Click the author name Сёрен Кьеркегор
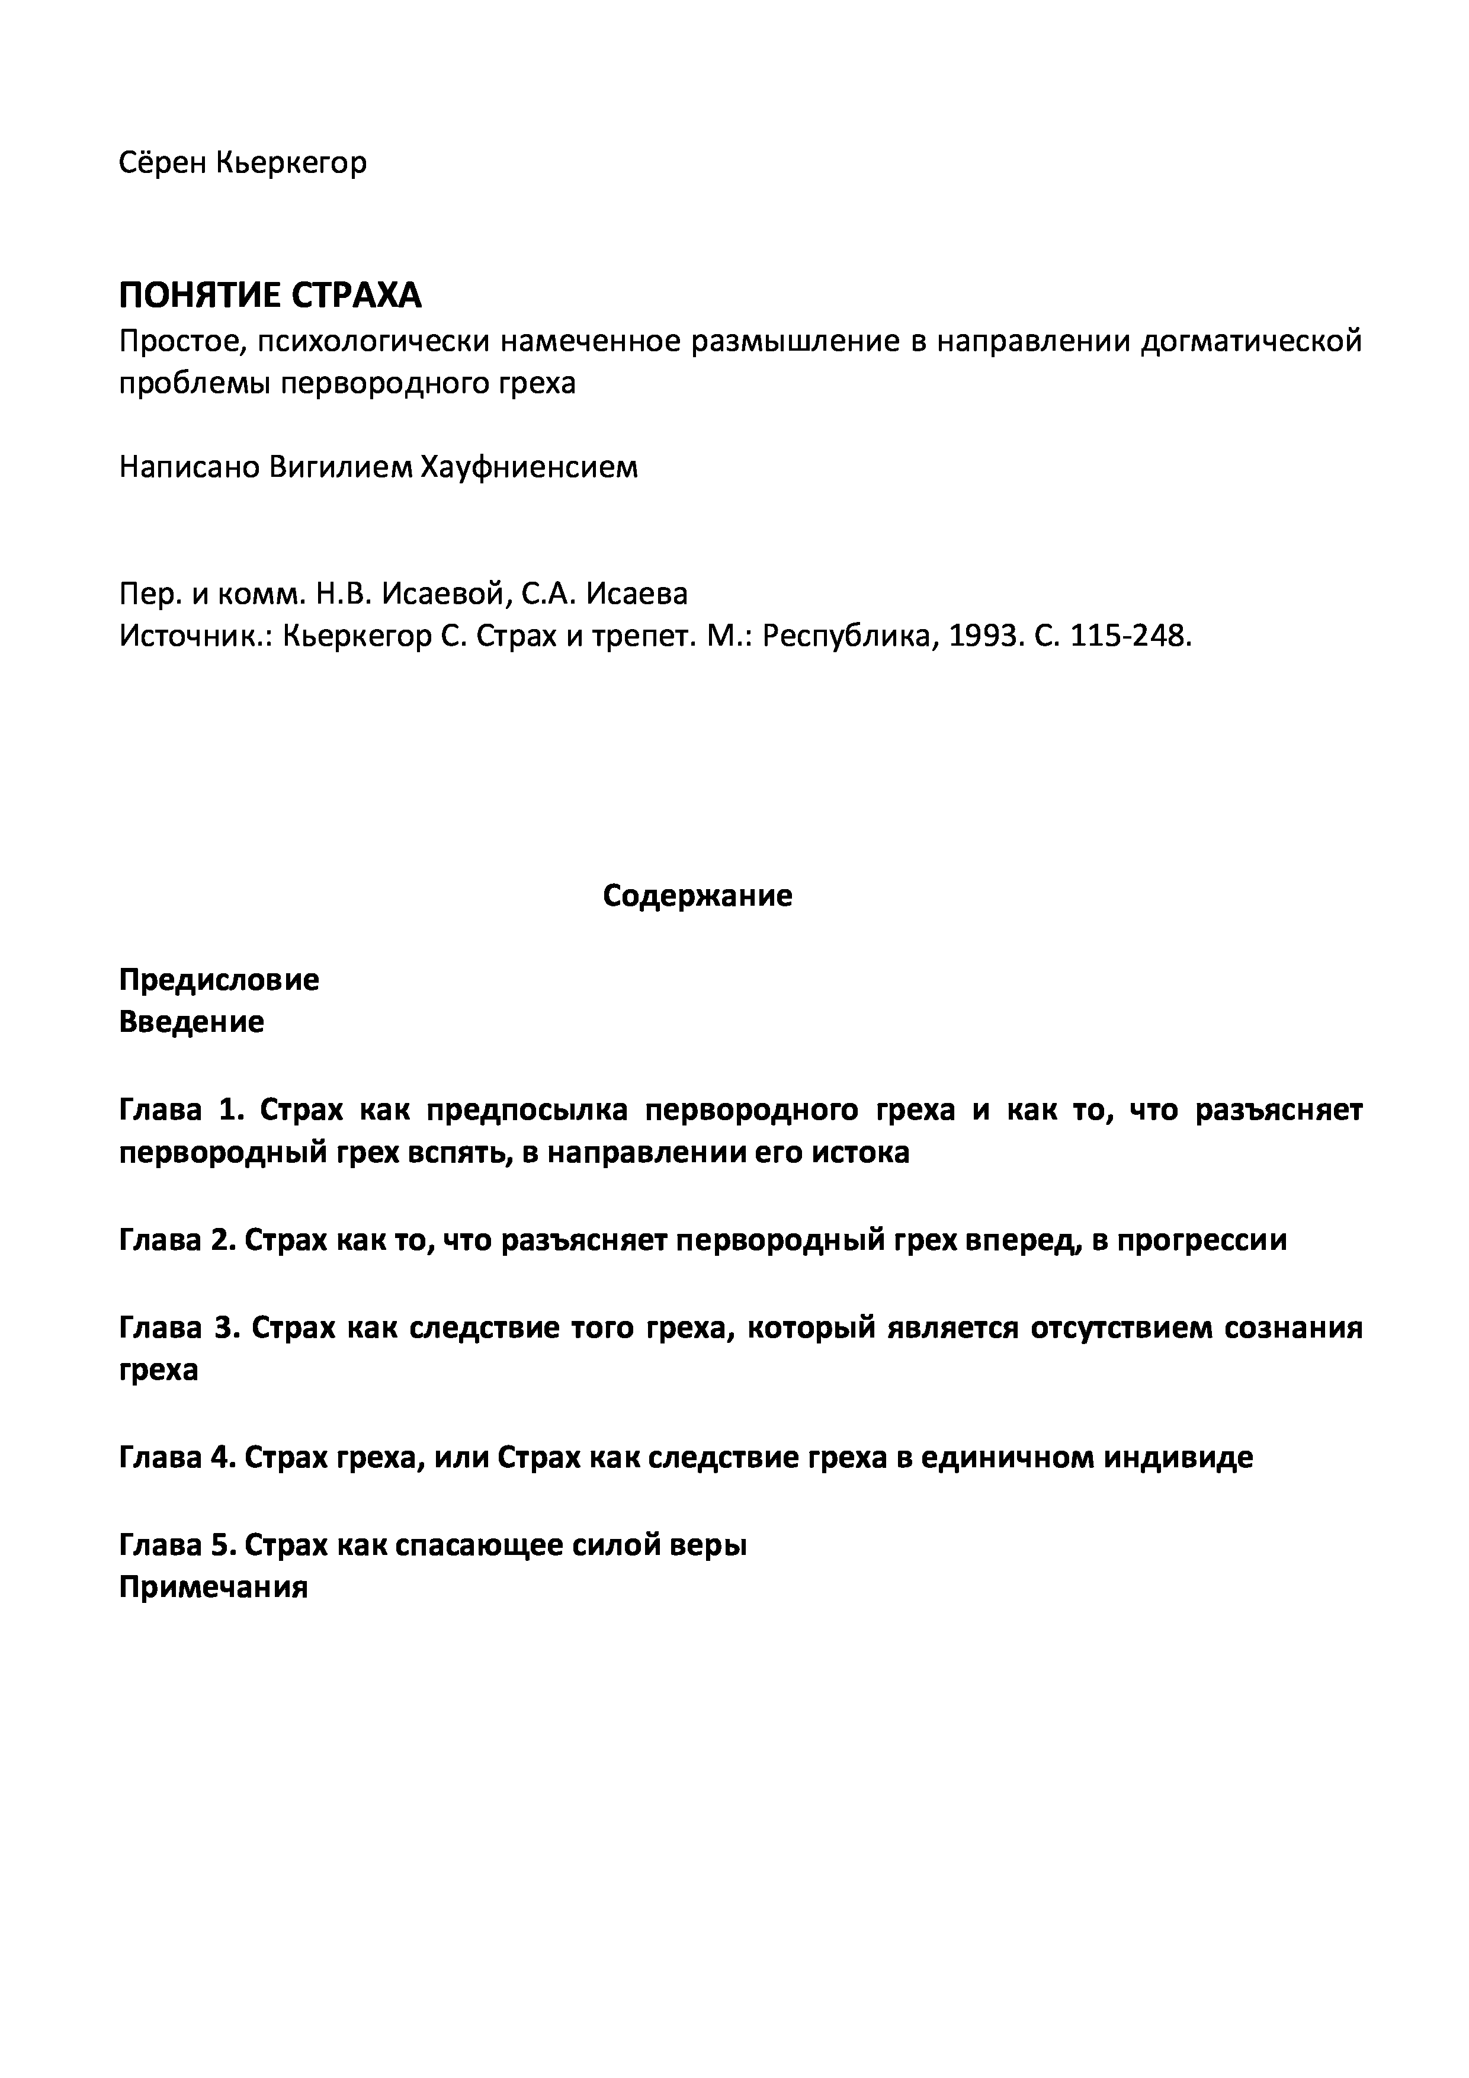click(243, 163)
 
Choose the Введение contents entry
click(192, 1022)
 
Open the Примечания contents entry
click(214, 1586)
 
